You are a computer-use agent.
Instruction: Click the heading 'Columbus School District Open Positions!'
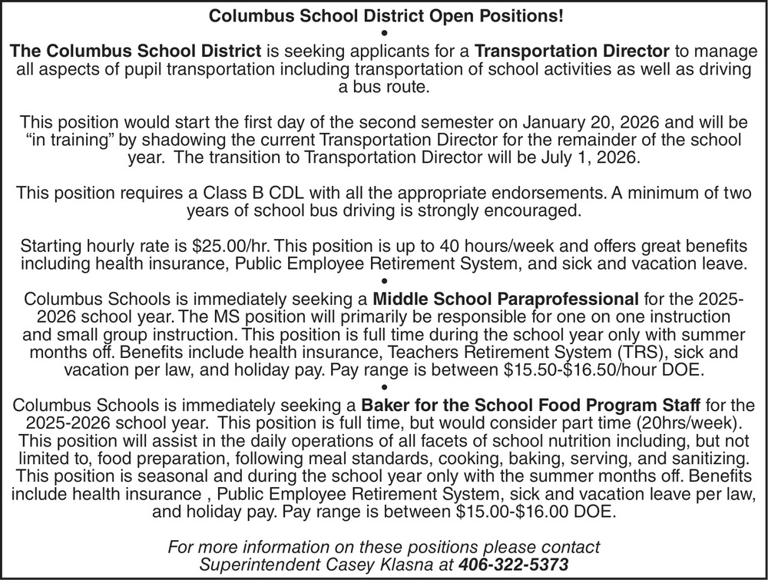[383, 15]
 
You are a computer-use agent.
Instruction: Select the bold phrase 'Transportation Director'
[572, 52]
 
